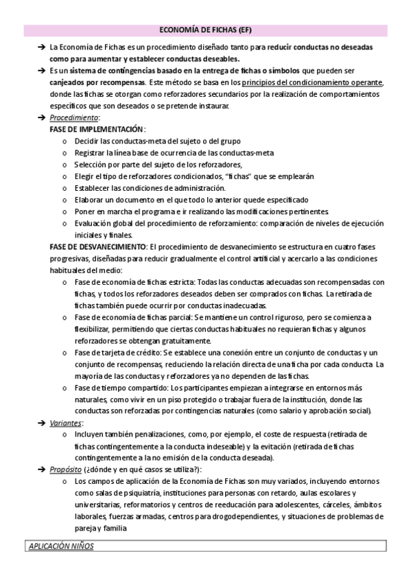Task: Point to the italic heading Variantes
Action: click(66, 423)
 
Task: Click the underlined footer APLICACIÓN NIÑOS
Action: click(58, 547)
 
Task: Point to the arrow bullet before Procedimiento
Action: click(41, 117)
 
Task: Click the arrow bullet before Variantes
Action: click(41, 423)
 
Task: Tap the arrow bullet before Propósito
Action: click(41, 469)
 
